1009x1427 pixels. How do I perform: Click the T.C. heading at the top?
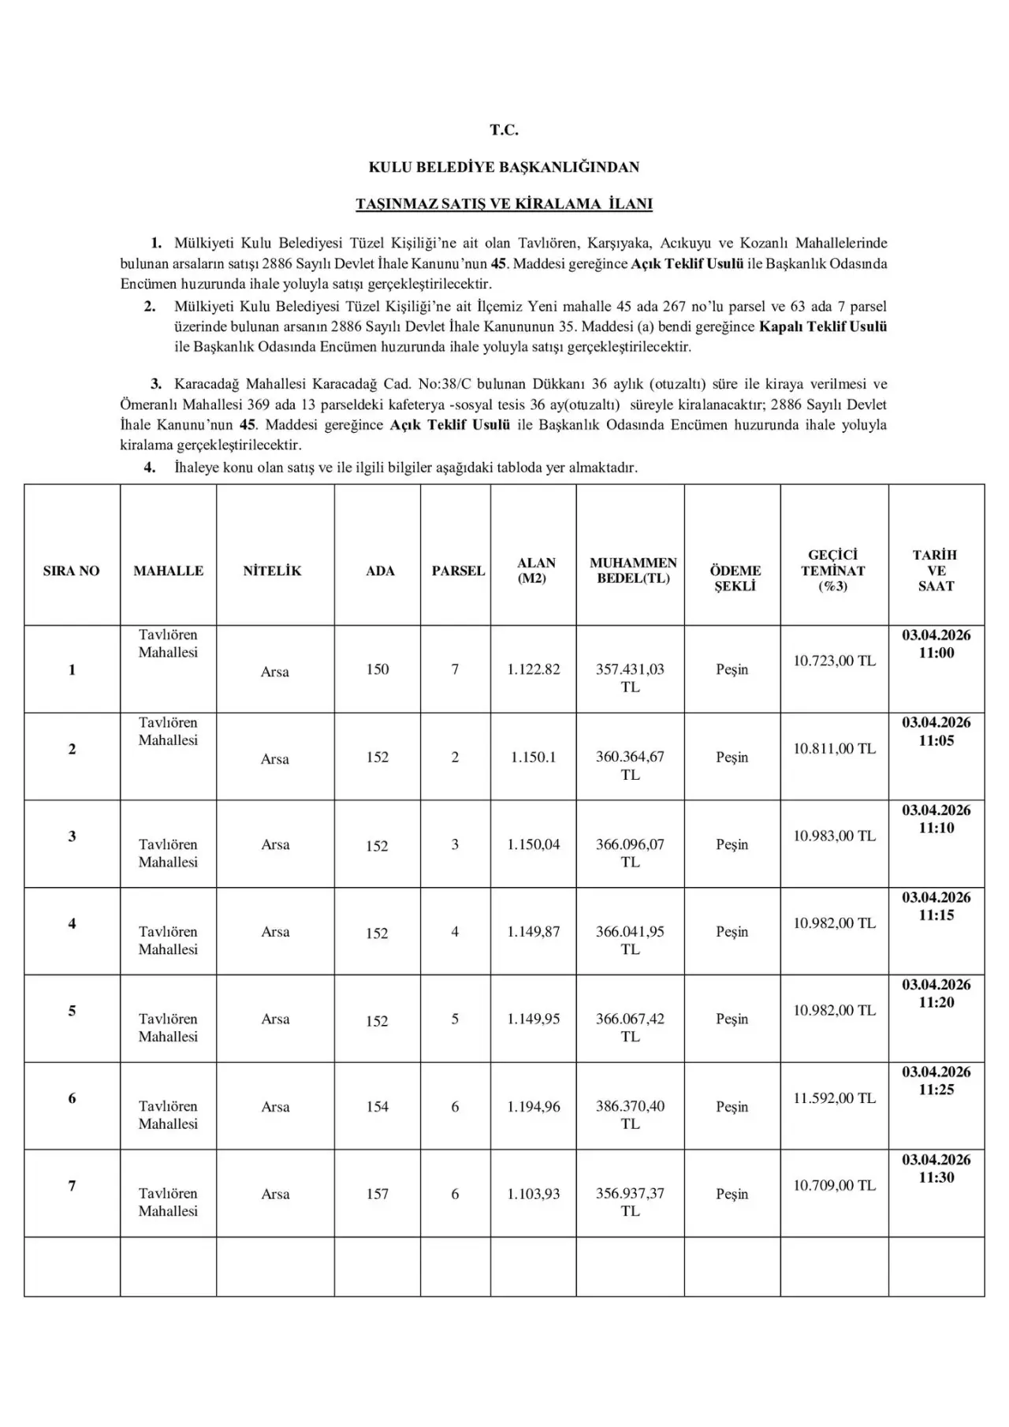point(504,130)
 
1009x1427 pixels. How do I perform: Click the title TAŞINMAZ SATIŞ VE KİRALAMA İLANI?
point(504,204)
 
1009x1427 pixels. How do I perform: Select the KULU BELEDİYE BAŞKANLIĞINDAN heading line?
point(504,167)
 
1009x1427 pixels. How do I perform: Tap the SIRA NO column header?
point(72,571)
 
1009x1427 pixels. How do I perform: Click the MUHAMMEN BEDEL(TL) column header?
point(633,570)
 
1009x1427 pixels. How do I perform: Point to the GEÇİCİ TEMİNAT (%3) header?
point(833,570)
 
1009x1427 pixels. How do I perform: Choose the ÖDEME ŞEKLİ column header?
point(735,578)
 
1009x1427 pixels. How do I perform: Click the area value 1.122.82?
point(534,669)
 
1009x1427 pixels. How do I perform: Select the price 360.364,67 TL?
point(630,765)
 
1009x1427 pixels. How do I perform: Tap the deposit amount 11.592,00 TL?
point(834,1097)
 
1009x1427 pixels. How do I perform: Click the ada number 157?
point(378,1194)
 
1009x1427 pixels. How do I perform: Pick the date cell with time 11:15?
point(936,906)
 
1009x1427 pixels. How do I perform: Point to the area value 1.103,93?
point(534,1194)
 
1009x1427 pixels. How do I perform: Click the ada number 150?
point(378,669)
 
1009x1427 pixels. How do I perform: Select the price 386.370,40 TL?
point(630,1114)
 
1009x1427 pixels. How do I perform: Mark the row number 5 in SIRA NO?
point(72,1011)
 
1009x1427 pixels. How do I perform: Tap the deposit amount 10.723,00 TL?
point(834,661)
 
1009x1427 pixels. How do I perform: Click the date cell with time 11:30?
point(936,1168)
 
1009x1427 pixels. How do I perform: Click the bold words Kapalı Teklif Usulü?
point(823,326)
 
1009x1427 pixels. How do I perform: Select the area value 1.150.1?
point(534,757)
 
